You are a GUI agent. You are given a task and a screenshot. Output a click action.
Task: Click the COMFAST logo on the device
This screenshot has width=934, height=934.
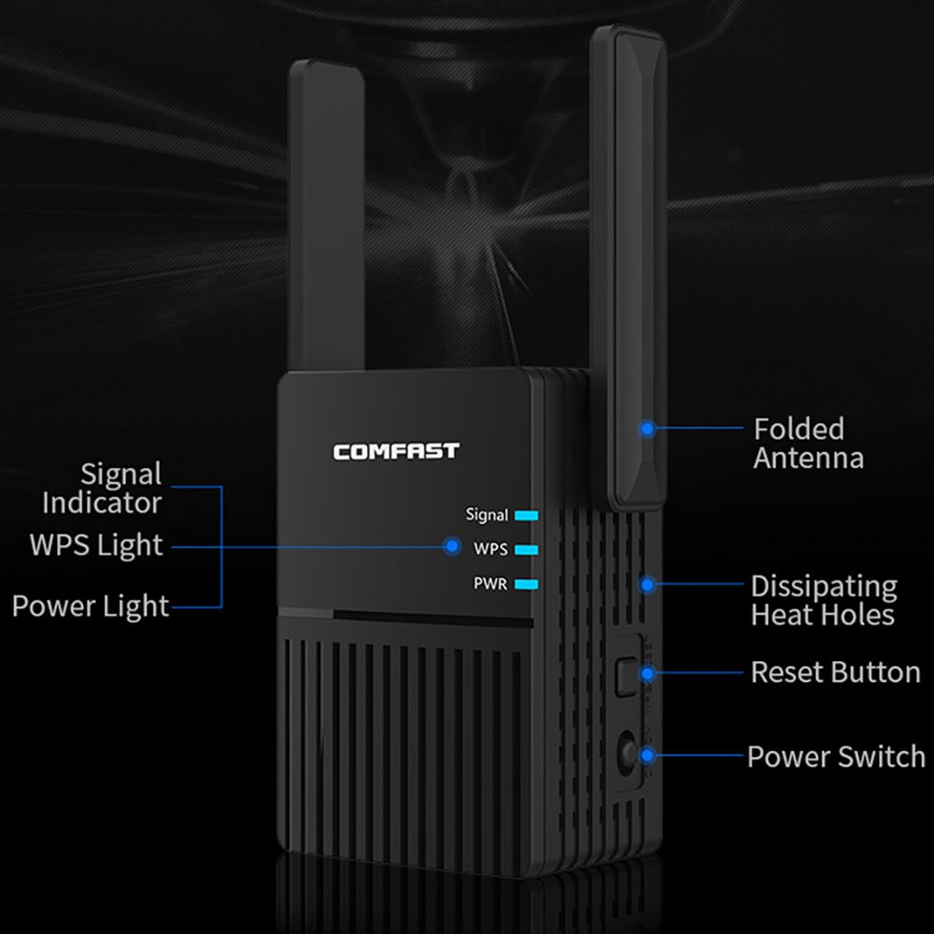396,451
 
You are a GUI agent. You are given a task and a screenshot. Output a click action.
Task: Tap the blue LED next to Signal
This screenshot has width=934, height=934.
527,515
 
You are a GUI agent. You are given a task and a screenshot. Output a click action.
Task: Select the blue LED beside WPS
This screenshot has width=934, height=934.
527,549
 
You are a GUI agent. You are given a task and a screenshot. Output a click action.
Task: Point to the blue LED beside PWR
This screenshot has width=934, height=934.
527,585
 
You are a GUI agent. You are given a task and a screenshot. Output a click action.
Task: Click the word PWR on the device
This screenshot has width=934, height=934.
490,585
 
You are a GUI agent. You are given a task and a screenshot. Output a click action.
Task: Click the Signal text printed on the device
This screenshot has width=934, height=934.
487,515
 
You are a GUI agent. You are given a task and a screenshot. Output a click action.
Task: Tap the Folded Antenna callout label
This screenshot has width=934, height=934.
808,443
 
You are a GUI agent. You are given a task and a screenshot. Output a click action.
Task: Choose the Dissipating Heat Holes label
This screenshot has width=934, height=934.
823,600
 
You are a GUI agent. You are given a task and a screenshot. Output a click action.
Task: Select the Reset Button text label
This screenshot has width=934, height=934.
835,672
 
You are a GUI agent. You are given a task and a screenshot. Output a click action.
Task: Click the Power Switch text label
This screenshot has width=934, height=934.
836,756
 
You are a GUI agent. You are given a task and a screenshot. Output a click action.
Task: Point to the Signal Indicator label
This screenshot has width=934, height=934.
102,488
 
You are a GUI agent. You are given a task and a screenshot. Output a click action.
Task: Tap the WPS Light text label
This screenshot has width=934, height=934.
96,545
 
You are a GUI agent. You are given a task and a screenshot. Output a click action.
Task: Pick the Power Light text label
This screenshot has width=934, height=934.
91,606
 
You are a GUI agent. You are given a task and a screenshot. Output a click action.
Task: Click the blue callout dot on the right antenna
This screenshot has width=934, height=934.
646,429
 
